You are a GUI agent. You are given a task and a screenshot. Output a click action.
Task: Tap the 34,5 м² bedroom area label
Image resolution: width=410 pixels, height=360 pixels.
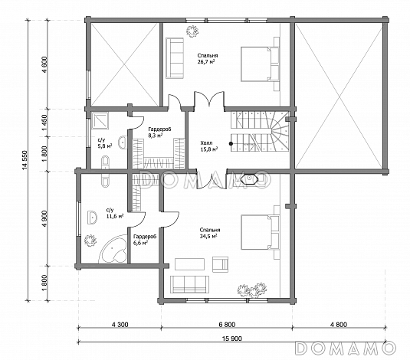click(210, 233)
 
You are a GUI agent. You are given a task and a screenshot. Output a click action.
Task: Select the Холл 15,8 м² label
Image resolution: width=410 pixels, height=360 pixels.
click(209, 146)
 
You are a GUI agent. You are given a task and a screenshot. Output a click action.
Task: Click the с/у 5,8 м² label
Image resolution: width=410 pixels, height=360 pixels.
click(104, 143)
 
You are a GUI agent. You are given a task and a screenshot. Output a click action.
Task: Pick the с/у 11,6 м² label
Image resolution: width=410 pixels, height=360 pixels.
click(114, 213)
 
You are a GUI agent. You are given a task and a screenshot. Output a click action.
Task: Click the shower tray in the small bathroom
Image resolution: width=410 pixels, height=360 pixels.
click(100, 120)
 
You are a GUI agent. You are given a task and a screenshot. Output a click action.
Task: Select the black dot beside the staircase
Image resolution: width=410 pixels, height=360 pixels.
click(231, 143)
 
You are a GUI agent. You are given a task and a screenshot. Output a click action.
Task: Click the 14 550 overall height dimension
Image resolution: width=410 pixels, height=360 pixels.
click(25, 160)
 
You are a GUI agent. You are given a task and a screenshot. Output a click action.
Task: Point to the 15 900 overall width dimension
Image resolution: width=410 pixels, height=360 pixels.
click(231, 339)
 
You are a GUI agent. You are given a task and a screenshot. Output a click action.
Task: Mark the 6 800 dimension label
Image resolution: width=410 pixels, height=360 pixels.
click(227, 325)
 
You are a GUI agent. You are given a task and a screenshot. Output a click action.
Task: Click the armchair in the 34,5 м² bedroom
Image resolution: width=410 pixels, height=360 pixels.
click(220, 264)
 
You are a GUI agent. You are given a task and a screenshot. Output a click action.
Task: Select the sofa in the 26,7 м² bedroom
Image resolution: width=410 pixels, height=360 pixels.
click(175, 57)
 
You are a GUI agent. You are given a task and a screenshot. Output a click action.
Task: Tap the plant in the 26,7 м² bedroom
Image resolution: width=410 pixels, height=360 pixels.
click(192, 31)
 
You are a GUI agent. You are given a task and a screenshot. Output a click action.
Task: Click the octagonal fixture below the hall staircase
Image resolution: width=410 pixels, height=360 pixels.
click(249, 179)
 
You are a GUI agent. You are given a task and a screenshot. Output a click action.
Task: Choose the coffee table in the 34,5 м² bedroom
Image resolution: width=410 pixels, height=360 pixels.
click(189, 264)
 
